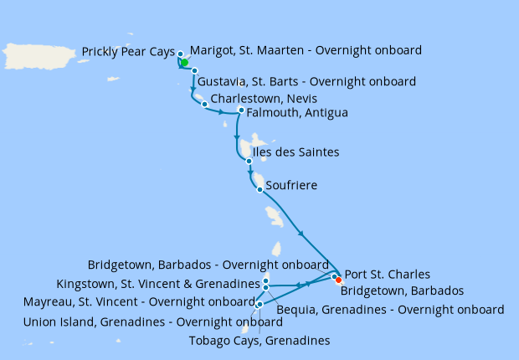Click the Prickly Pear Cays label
(x=127, y=52)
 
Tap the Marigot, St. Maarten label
(x=306, y=50)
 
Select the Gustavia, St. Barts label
(x=306, y=81)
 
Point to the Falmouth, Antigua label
(x=297, y=112)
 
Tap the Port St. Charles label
(x=388, y=274)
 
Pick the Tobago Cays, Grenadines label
(x=259, y=340)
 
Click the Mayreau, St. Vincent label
(x=140, y=301)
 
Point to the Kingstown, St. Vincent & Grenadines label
(x=158, y=283)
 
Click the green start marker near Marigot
(x=185, y=62)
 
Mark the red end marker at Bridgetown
(x=338, y=280)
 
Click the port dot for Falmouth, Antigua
(x=241, y=111)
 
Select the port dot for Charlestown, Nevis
(x=204, y=104)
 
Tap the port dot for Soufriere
(x=259, y=189)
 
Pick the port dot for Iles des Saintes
(x=249, y=161)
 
